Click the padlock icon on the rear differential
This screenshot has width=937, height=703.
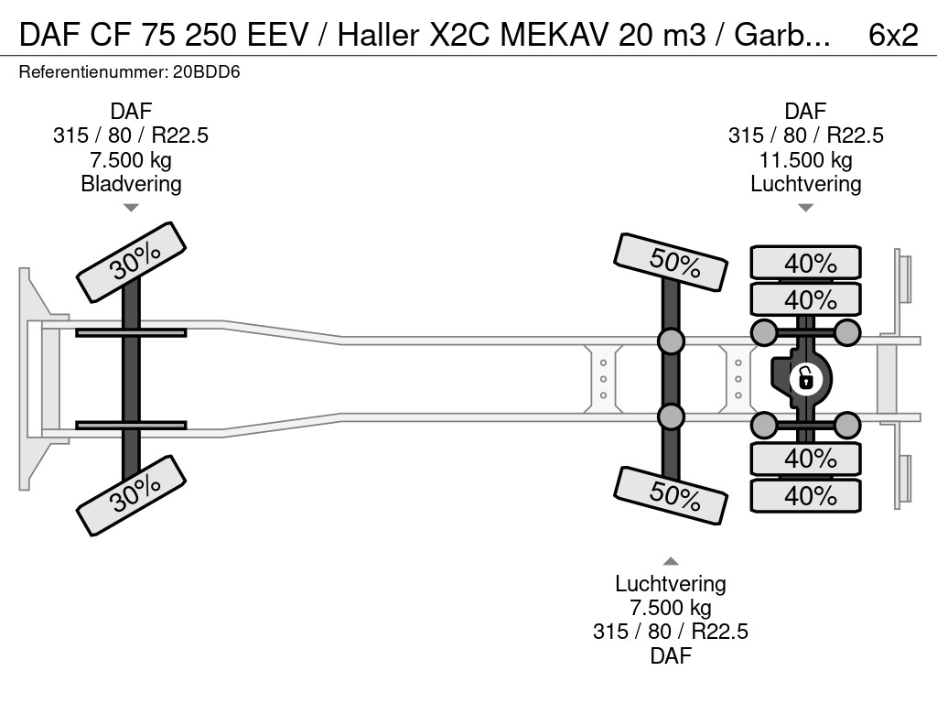tap(805, 377)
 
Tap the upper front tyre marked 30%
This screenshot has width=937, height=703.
tap(131, 262)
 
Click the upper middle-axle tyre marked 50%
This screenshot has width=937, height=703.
tap(672, 264)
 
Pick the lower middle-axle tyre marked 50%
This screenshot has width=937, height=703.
tap(672, 494)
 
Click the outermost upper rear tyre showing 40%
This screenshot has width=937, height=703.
tap(806, 263)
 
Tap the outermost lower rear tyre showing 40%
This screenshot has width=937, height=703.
tap(806, 495)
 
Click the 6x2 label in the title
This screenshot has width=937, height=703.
tap(891, 34)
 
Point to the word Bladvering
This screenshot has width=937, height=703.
tap(131, 183)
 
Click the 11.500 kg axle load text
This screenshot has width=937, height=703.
tap(805, 160)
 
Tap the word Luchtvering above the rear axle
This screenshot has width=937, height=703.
tap(805, 183)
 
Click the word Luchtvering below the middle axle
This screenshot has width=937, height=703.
tap(671, 584)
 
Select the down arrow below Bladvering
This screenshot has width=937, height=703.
tap(131, 208)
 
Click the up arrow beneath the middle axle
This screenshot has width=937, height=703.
tap(671, 561)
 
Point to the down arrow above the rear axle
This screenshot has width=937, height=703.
tap(805, 208)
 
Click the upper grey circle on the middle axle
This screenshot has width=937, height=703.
tap(671, 341)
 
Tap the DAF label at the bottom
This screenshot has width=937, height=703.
tap(671, 655)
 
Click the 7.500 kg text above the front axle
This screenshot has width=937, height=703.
tap(131, 160)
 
